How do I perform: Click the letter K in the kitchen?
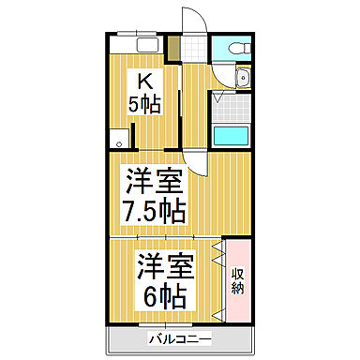tap(144, 82)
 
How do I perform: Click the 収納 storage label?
tap(239, 282)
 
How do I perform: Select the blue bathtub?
tap(231, 135)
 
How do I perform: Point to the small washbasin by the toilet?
tap(242, 79)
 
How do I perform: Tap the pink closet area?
tap(238, 281)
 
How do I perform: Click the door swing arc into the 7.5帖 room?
tap(194, 161)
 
